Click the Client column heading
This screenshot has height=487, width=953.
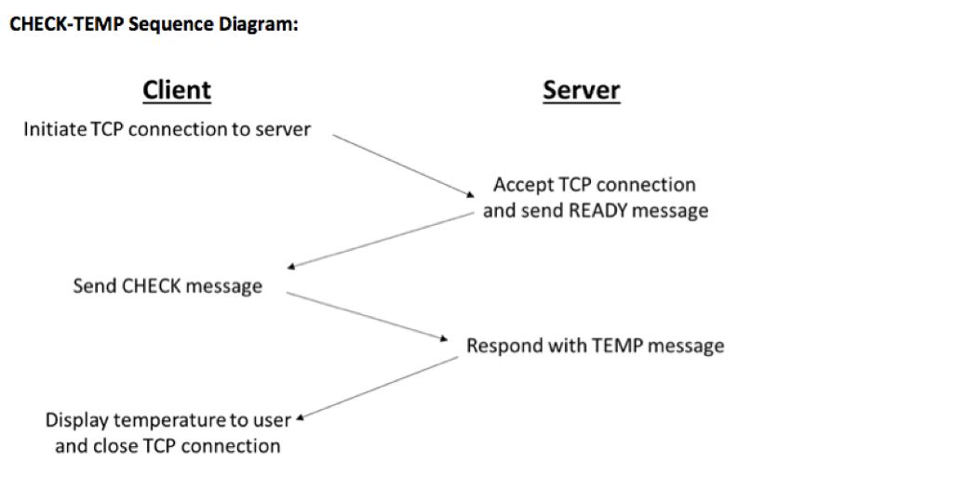click(177, 90)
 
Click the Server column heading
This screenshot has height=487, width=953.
click(582, 90)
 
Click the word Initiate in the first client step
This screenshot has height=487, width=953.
click(55, 129)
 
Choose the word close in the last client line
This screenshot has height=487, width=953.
click(114, 446)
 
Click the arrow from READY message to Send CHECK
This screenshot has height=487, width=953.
click(382, 241)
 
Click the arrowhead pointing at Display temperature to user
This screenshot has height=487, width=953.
click(301, 417)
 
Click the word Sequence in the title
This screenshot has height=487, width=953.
click(171, 25)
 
